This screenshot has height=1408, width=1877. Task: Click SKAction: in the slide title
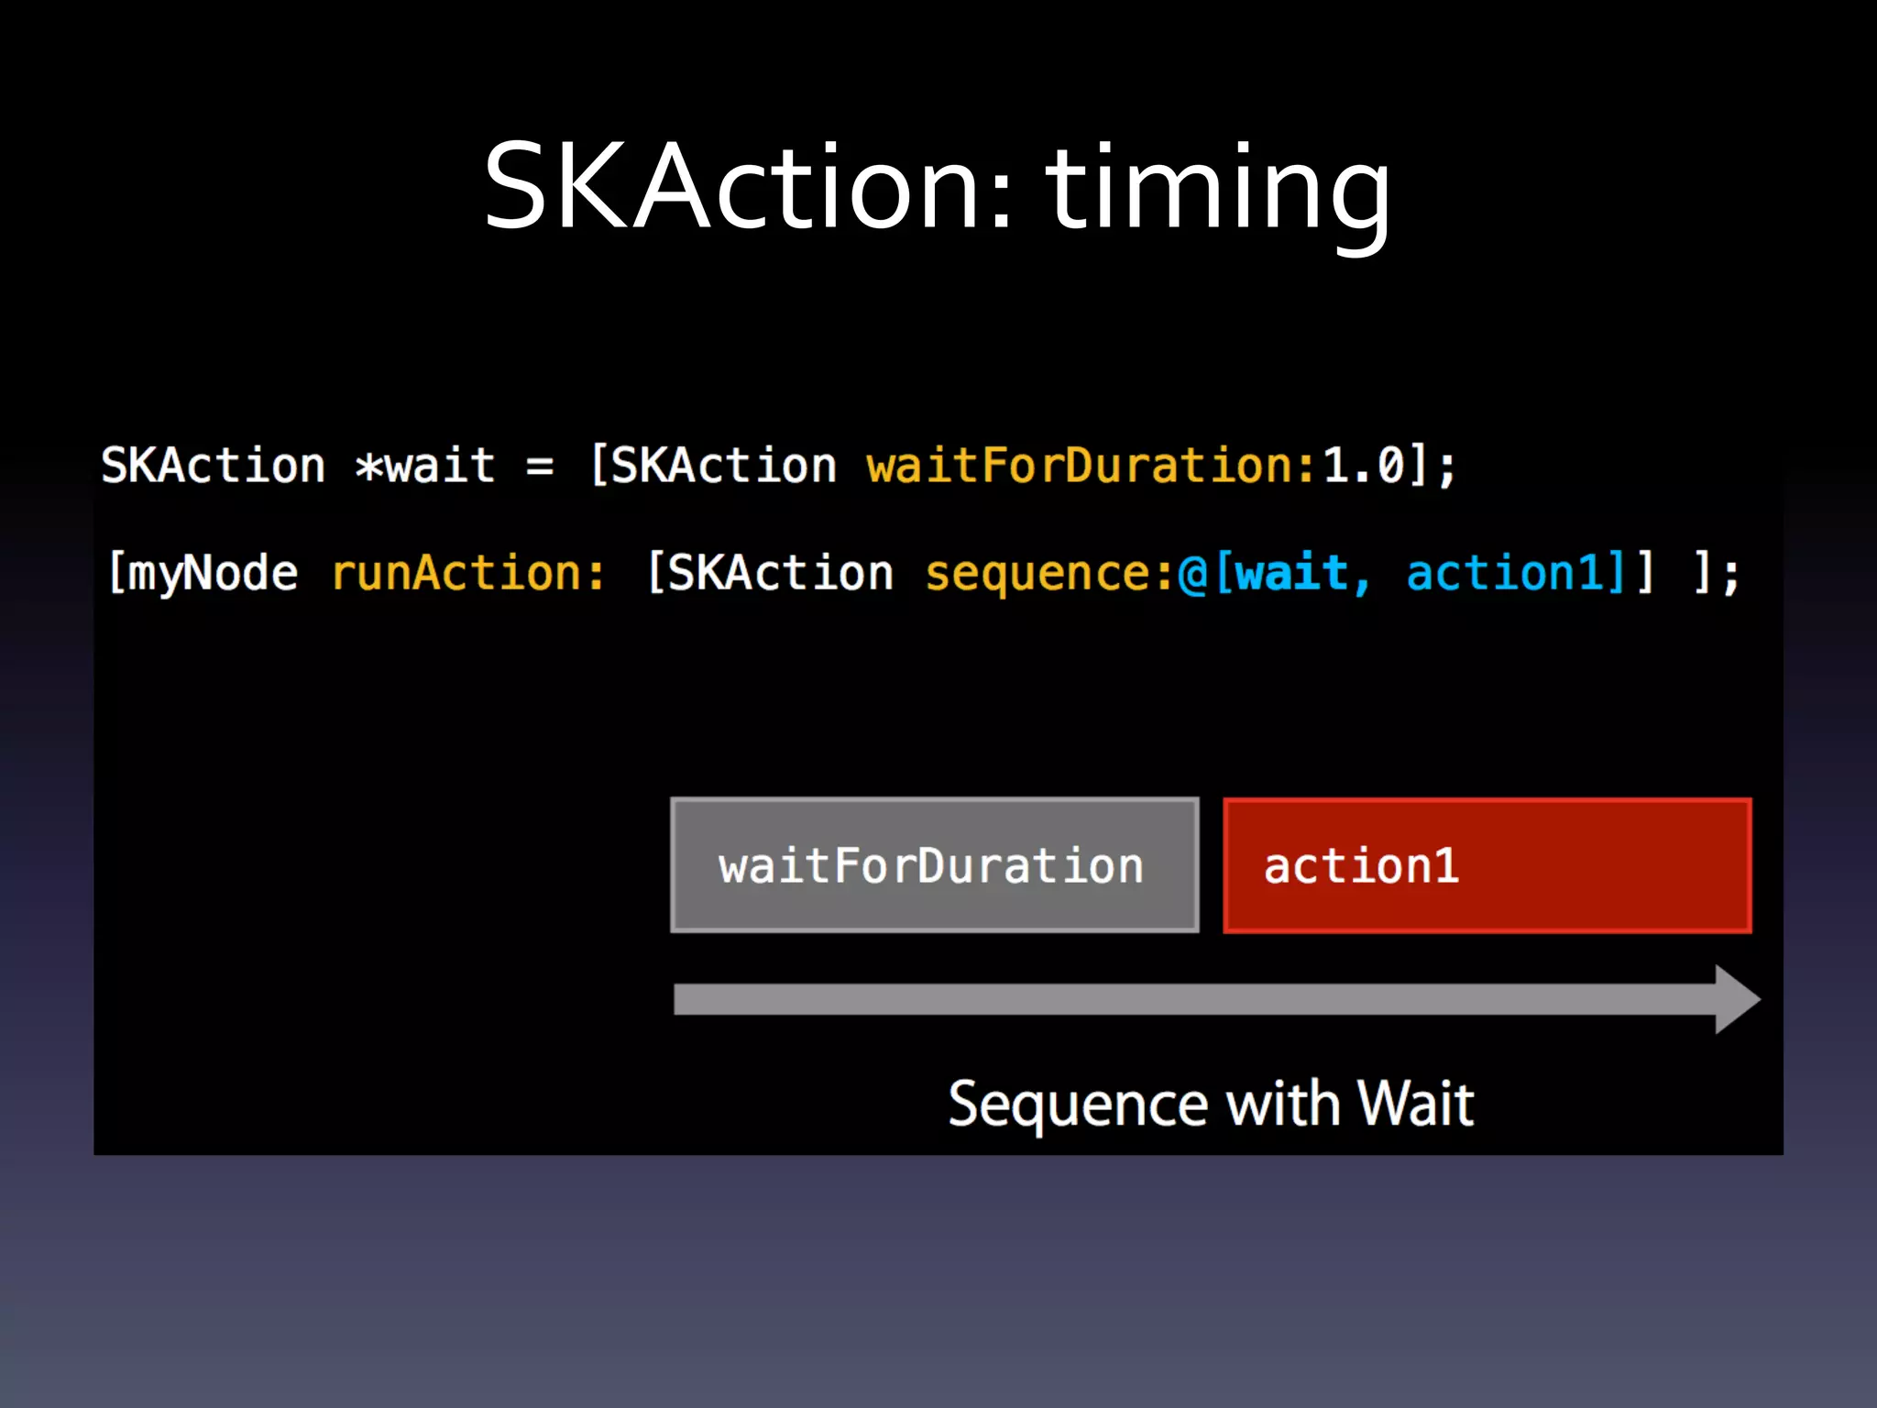pyautogui.click(x=748, y=188)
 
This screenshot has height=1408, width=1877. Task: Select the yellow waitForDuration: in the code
pyautogui.click(x=1091, y=466)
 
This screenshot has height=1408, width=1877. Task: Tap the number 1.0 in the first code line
pyautogui.click(x=1364, y=466)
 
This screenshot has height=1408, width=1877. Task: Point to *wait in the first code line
pyautogui.click(x=425, y=466)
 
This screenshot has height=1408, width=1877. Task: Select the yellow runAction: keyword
pyautogui.click(x=467, y=574)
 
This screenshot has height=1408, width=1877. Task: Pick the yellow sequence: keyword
pyautogui.click(x=1048, y=575)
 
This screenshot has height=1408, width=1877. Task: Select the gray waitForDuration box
pyautogui.click(x=934, y=865)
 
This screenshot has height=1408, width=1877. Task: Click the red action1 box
pyautogui.click(x=1487, y=865)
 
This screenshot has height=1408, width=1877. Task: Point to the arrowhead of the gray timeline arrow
pyautogui.click(x=1736, y=999)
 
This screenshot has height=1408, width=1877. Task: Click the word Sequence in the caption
pyautogui.click(x=1078, y=1104)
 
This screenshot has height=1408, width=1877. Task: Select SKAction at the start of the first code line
pyautogui.click(x=213, y=466)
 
